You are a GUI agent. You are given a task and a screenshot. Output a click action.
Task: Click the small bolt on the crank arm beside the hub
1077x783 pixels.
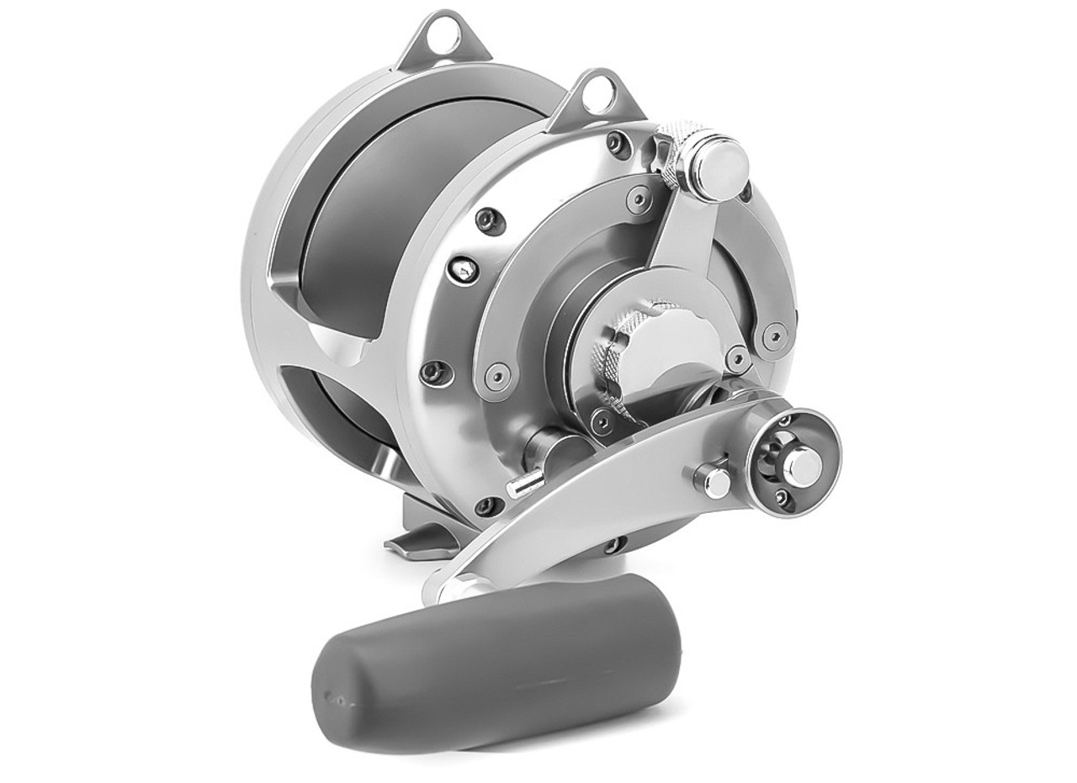point(717,481)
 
